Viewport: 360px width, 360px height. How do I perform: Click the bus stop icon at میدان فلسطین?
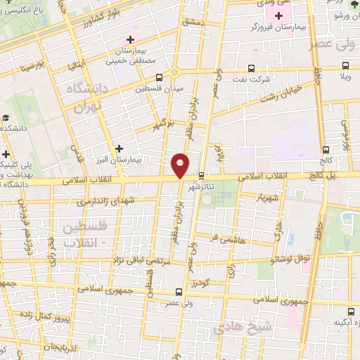pos(160,77)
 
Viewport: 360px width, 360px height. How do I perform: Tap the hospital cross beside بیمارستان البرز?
pos(119,149)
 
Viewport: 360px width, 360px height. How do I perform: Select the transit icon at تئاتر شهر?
pos(202,175)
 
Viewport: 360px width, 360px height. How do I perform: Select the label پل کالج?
pos(340,173)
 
